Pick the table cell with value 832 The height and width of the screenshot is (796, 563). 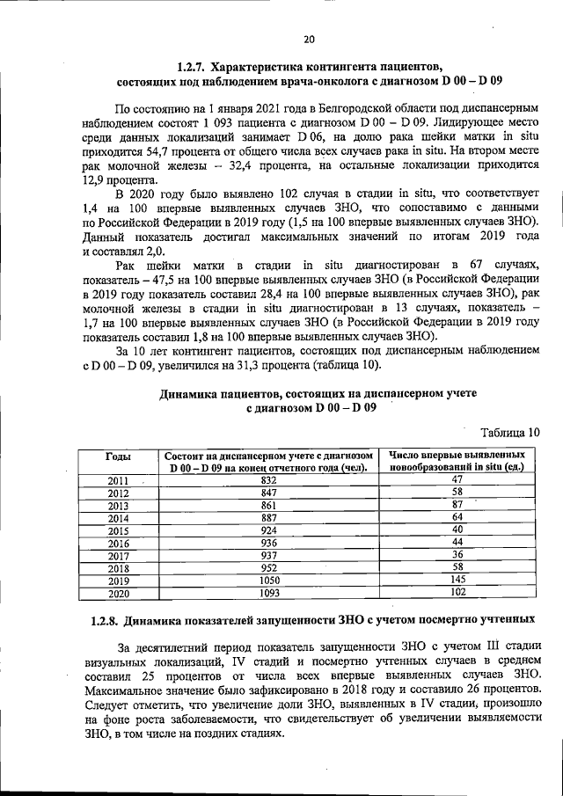(x=269, y=479)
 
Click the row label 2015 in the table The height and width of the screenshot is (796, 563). (x=118, y=530)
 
